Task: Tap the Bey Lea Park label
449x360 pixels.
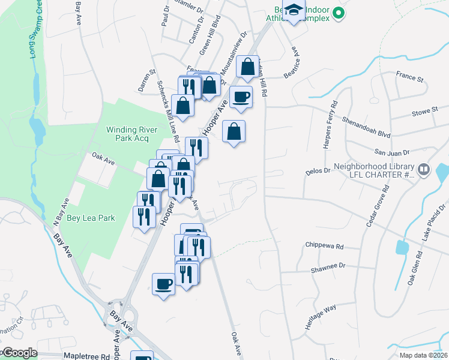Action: click(91, 218)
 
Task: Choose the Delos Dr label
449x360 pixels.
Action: click(319, 170)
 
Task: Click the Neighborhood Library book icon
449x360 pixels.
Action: click(424, 170)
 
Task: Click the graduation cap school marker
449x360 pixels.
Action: click(294, 11)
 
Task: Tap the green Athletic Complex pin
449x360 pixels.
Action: click(338, 11)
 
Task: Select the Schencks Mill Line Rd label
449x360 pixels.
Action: click(168, 111)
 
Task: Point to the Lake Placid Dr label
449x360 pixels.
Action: click(432, 224)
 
